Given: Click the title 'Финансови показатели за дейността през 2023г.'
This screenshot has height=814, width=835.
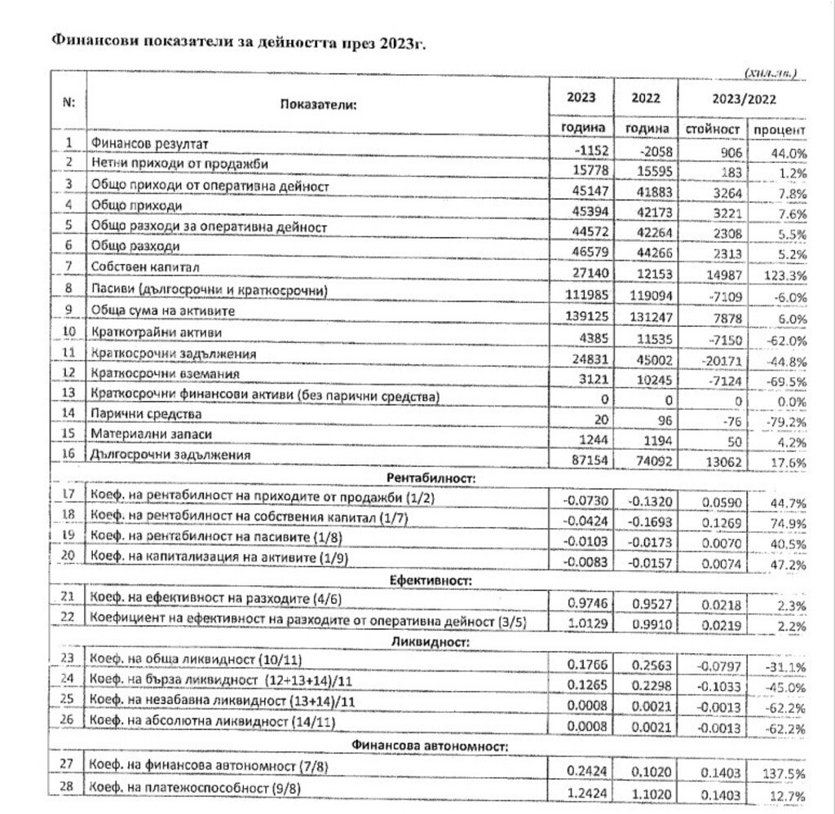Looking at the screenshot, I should [x=239, y=43].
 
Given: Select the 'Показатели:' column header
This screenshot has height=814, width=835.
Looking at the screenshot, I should [x=316, y=104].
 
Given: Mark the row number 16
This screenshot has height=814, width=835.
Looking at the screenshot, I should [x=68, y=453].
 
